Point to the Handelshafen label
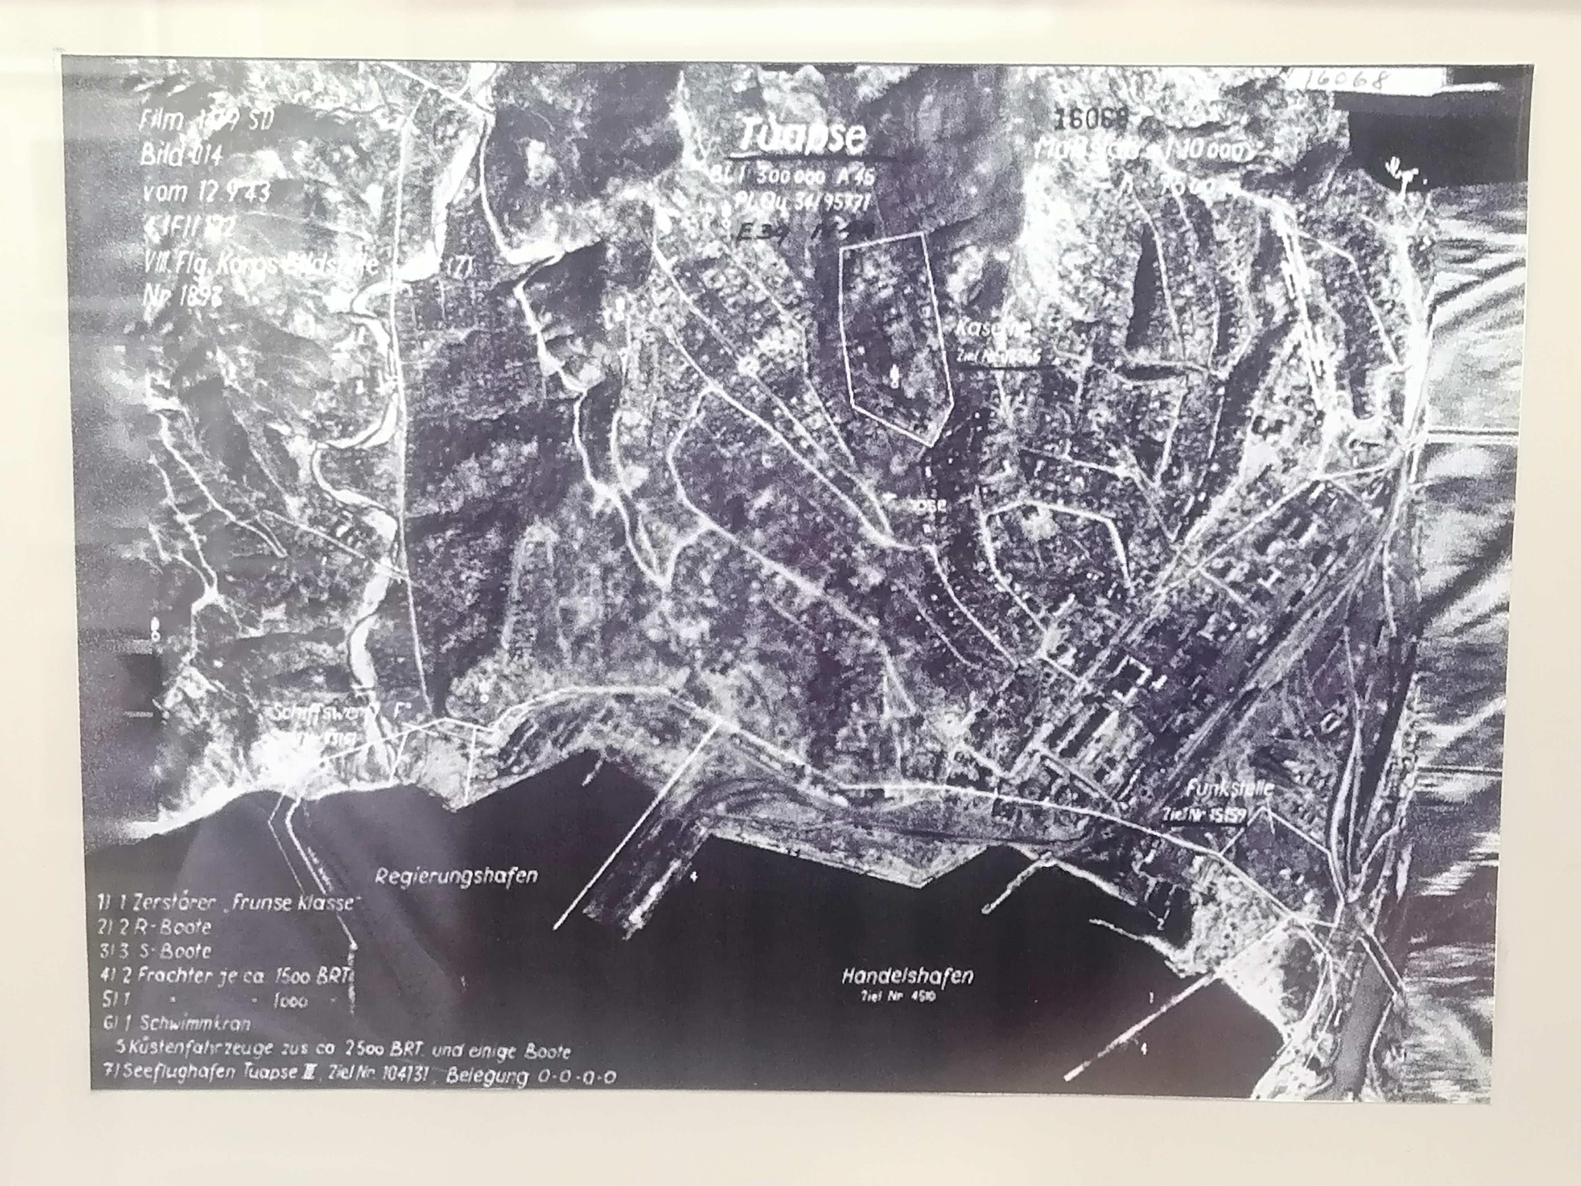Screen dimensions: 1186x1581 point(907,975)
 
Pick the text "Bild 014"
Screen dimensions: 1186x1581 point(181,155)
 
